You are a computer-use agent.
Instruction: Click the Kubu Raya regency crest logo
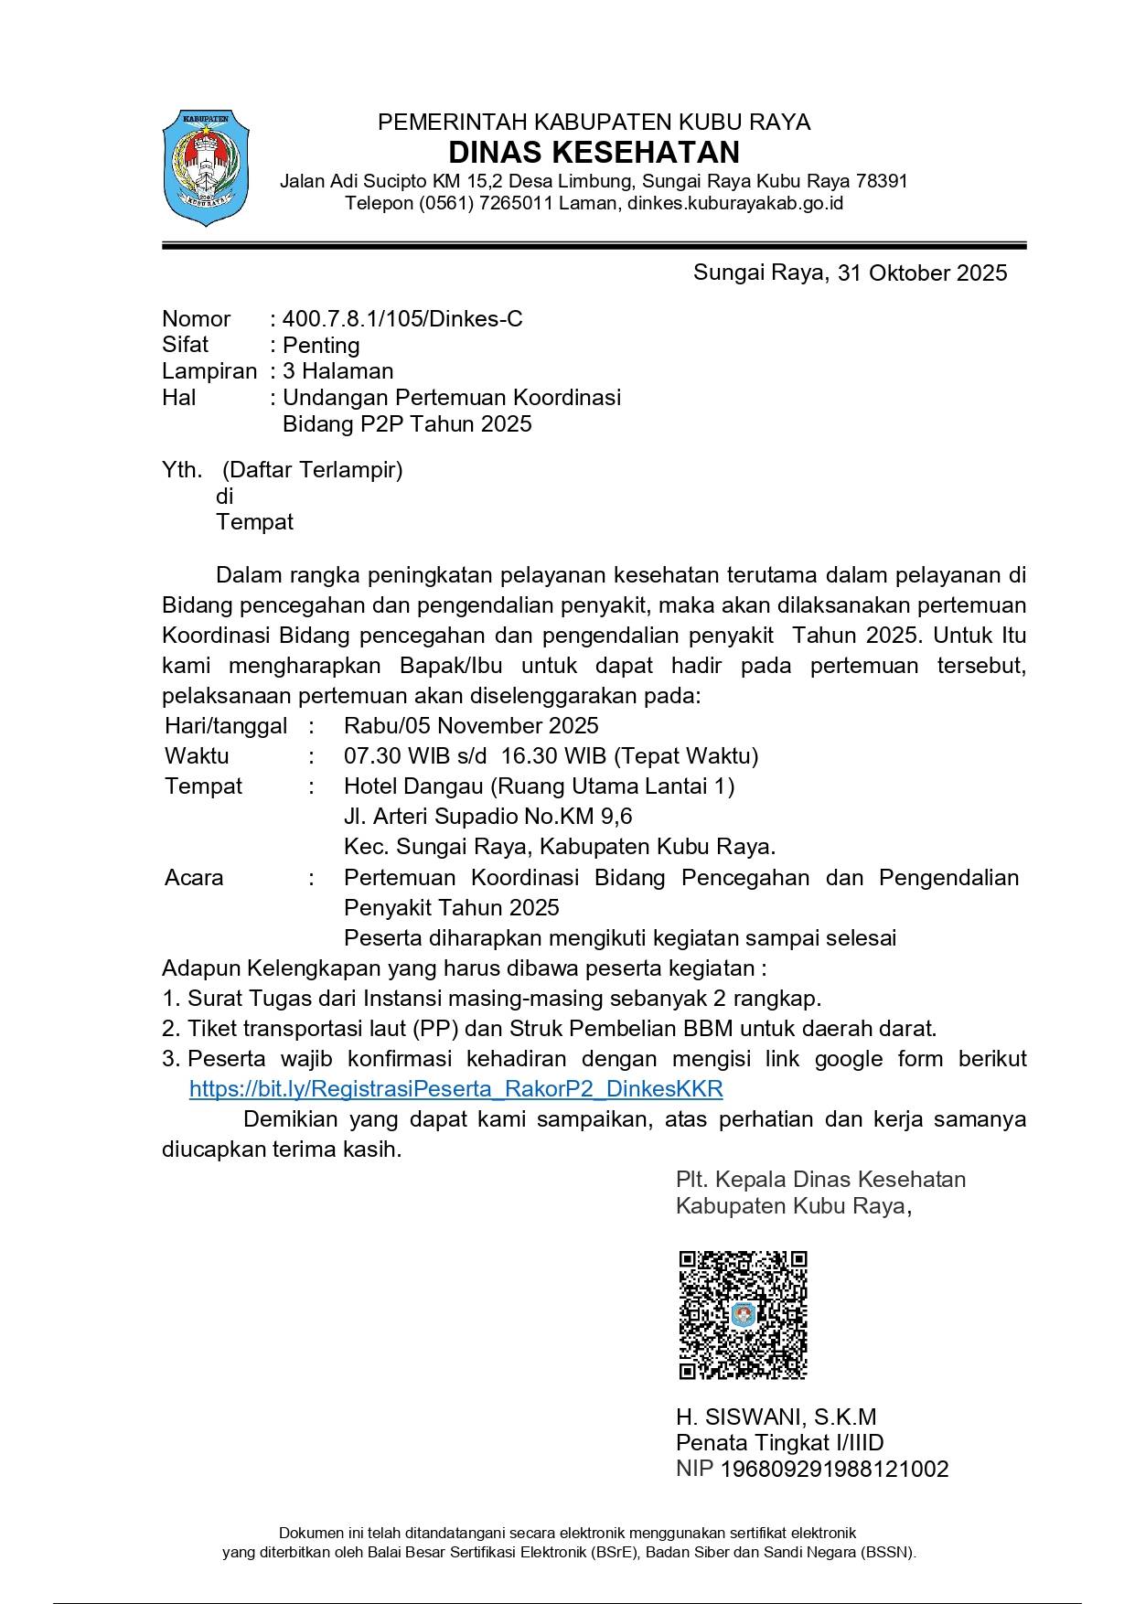point(206,167)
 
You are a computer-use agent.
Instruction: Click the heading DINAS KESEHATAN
point(594,152)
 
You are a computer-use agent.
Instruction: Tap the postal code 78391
point(879,181)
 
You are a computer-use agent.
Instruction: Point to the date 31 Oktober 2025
point(921,273)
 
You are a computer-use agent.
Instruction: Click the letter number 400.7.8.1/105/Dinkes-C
point(402,319)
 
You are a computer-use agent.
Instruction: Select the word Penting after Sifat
point(321,346)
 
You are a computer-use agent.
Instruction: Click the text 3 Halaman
point(338,371)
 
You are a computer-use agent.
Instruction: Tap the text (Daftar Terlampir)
point(312,470)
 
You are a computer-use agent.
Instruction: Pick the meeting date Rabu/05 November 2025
point(471,726)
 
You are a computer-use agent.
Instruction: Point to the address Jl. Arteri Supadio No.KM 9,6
point(487,817)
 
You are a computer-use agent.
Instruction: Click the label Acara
point(194,878)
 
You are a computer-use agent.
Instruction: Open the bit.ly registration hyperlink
point(455,1089)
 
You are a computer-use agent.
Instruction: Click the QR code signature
point(743,1315)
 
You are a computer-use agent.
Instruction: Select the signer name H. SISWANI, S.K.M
point(776,1417)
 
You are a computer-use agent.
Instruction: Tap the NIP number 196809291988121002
point(834,1470)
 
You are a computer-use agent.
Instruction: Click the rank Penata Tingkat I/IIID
point(779,1443)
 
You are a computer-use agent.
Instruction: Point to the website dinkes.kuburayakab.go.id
point(734,203)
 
